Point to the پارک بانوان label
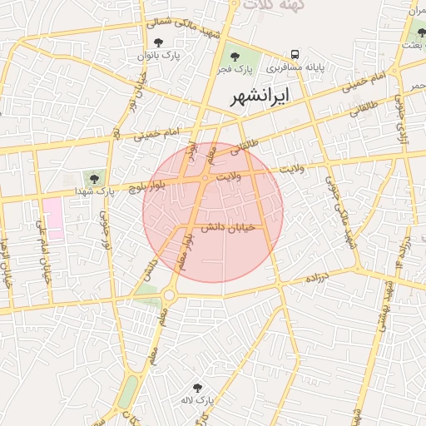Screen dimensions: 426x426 (171, 55)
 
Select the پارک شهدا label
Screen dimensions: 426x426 (93, 191)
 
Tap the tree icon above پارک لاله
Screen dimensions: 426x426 (197, 388)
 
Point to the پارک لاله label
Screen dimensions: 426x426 (197, 401)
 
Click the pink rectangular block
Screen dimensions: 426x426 (53, 218)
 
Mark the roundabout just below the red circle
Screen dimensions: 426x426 (170, 294)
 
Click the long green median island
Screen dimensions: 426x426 (127, 392)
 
